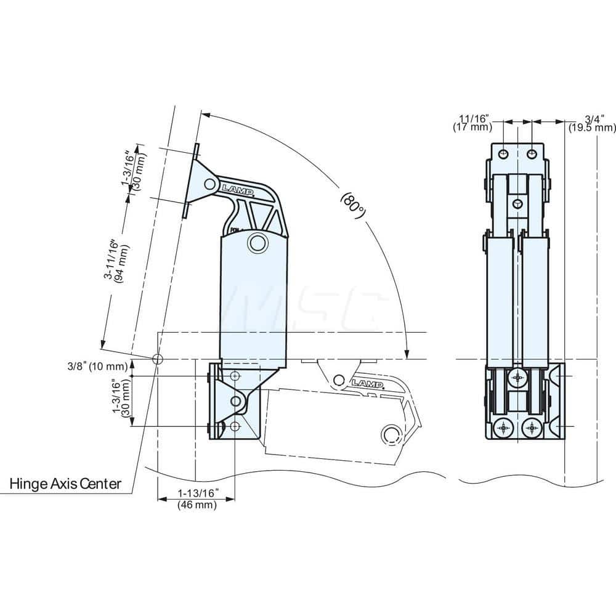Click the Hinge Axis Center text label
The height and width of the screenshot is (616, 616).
point(65,484)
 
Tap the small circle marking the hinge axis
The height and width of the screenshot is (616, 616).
point(158,359)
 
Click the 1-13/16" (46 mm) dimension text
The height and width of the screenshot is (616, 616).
point(197,498)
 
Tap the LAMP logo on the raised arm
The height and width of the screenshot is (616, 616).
point(237,189)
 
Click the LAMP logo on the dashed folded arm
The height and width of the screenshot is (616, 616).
point(368,384)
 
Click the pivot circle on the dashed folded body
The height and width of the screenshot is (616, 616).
point(389,434)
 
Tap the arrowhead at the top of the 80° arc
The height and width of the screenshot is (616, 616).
point(205,115)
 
